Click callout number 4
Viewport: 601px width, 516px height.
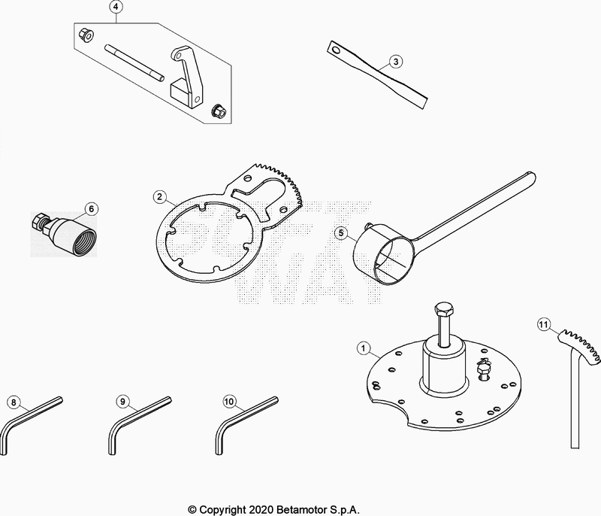pyautogui.click(x=116, y=8)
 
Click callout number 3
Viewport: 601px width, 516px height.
pyautogui.click(x=397, y=62)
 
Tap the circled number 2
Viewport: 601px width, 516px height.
pyautogui.click(x=159, y=196)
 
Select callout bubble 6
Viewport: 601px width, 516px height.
pyautogui.click(x=91, y=208)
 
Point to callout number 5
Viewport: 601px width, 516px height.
pyautogui.click(x=340, y=233)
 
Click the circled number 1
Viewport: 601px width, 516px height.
pyautogui.click(x=364, y=348)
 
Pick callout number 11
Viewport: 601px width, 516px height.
pyautogui.click(x=544, y=325)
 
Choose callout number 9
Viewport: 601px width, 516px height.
pyautogui.click(x=121, y=401)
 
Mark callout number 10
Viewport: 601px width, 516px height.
pyautogui.click(x=229, y=401)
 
